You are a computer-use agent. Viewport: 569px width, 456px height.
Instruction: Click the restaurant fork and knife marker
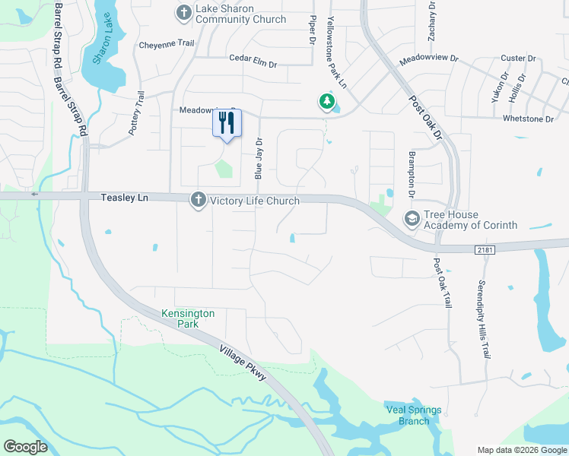(226, 123)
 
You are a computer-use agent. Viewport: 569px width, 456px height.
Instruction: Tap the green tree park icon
(326, 101)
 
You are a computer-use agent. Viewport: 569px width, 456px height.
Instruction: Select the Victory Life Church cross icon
(198, 200)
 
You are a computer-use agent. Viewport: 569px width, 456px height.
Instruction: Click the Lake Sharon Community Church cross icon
(183, 13)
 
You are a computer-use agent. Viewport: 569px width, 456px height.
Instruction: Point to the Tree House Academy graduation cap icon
(412, 219)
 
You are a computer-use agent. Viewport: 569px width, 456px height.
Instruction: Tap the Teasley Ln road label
(125, 198)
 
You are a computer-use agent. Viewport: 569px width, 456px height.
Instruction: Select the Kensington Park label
(188, 318)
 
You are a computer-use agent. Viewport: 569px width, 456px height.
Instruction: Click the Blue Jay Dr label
(259, 158)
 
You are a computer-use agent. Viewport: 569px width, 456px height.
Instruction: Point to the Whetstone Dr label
(528, 119)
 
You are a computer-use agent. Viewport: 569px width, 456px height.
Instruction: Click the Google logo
(25, 447)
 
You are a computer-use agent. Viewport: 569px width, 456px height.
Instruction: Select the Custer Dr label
(519, 59)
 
